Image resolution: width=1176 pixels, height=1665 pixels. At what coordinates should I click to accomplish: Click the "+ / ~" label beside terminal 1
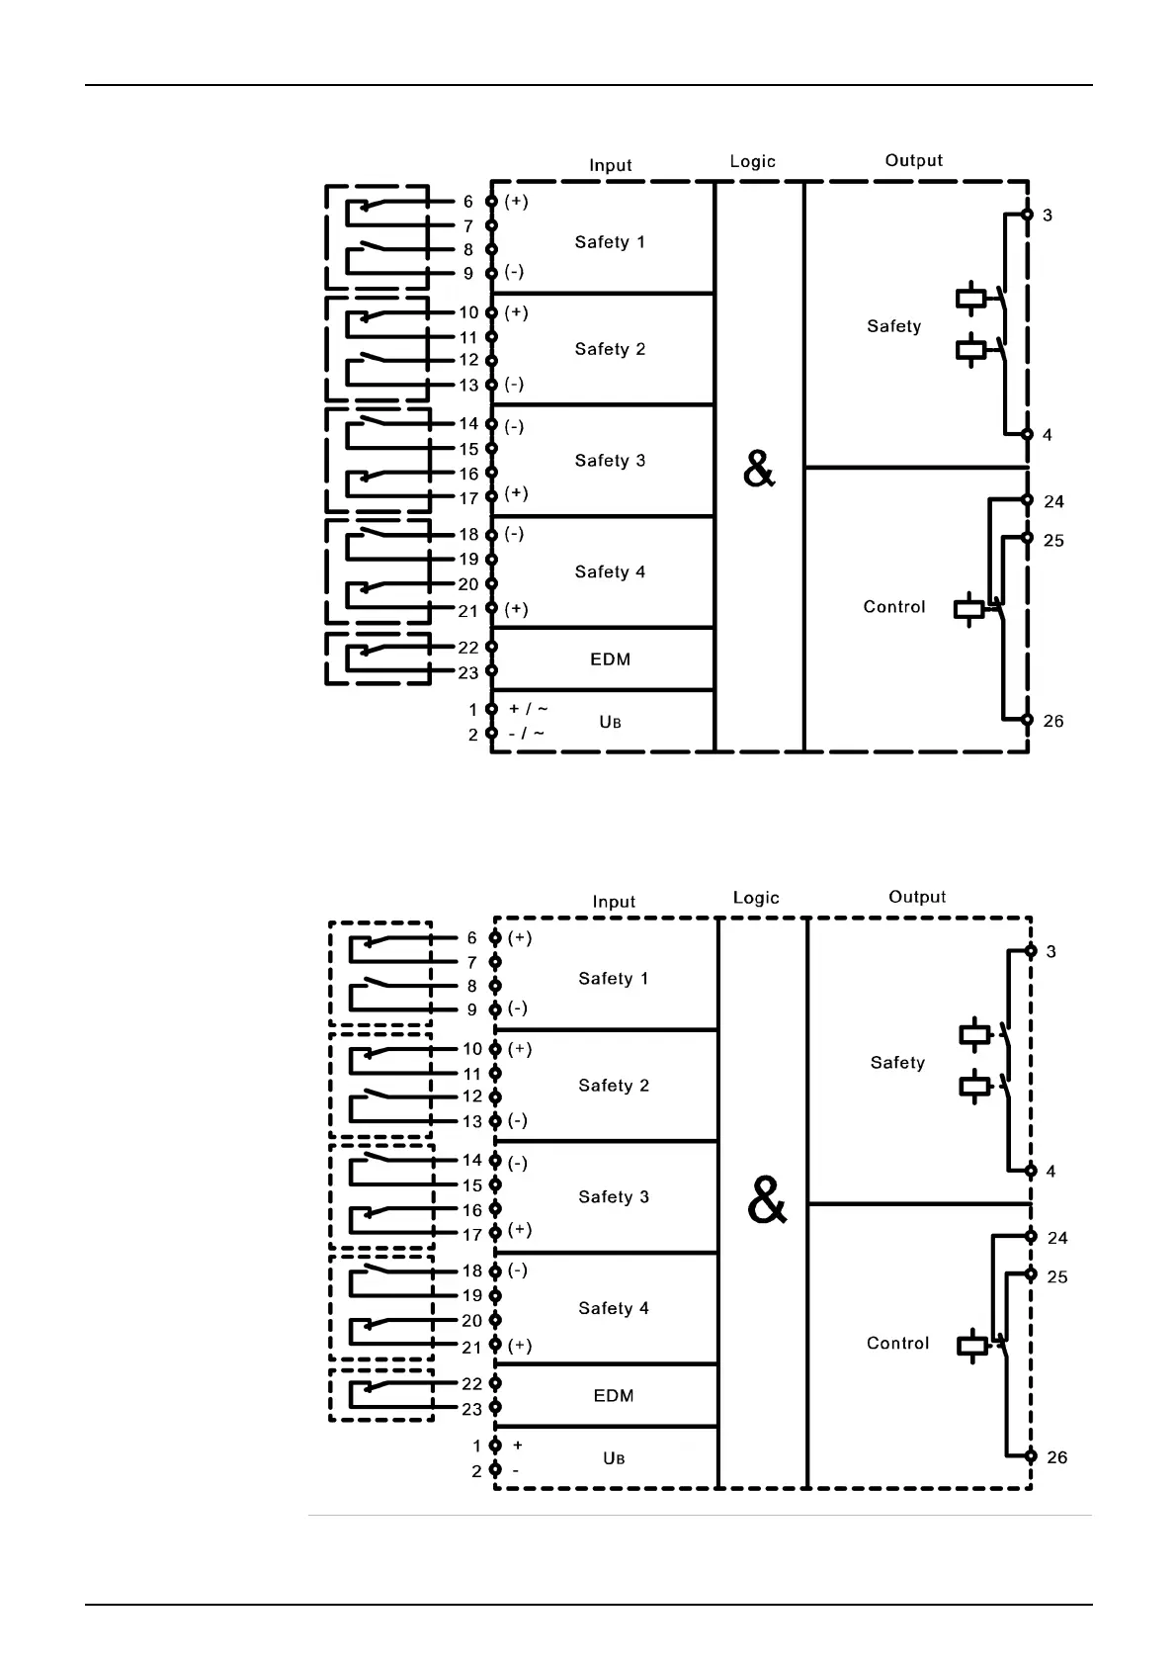[528, 709]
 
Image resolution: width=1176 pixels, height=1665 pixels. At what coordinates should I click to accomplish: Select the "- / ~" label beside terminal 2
[526, 734]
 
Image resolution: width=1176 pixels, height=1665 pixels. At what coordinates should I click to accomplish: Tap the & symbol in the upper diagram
[759, 470]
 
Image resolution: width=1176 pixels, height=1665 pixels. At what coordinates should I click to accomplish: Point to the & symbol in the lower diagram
[767, 1201]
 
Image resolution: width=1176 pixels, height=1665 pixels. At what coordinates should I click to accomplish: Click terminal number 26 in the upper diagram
[1053, 721]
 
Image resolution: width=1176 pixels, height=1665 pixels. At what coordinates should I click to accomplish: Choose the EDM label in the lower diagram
[614, 1396]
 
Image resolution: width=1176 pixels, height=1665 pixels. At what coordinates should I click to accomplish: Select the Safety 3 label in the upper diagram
[610, 461]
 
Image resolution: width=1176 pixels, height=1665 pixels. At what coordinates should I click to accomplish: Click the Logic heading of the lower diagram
[756, 898]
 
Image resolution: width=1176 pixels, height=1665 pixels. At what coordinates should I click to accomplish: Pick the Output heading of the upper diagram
[914, 160]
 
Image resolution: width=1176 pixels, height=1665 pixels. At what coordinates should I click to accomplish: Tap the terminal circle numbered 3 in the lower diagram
[1031, 951]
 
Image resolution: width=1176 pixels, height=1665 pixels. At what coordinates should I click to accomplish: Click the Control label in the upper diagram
[894, 607]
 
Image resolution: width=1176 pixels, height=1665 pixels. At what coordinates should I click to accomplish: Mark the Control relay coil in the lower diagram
[972, 1346]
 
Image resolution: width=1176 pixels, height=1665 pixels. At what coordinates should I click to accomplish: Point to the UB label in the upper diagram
[611, 723]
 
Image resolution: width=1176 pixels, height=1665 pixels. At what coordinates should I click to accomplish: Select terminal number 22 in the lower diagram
[472, 1384]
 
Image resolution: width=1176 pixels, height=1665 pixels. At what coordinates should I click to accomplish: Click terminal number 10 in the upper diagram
[468, 312]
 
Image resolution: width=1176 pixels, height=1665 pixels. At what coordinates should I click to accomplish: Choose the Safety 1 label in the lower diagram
[614, 979]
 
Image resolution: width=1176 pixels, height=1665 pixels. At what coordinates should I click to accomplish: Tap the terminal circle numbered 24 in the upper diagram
[1028, 500]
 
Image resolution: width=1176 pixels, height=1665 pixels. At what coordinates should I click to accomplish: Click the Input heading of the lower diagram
[614, 902]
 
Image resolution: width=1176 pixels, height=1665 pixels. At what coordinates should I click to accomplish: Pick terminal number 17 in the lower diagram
[472, 1234]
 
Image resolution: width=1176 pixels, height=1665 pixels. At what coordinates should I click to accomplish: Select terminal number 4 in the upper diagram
[1048, 435]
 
